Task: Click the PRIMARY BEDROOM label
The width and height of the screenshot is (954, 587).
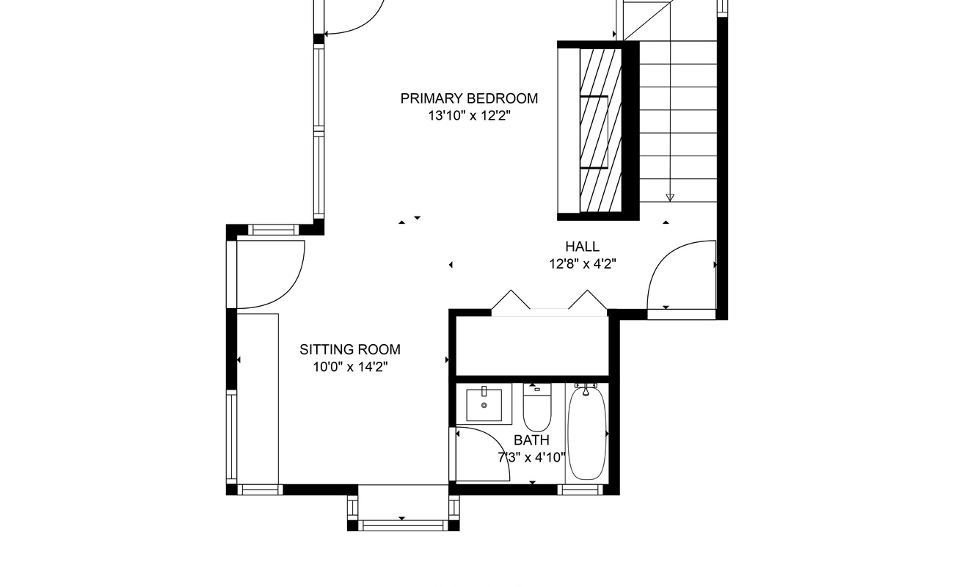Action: (x=469, y=98)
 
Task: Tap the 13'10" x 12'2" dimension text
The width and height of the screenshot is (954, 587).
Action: (x=469, y=115)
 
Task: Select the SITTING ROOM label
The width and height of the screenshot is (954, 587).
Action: (x=350, y=349)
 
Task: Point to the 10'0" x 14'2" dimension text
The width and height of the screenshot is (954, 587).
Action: (x=350, y=367)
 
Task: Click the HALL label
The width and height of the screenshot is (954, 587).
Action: (x=582, y=247)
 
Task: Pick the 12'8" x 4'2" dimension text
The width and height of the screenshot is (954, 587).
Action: (x=582, y=264)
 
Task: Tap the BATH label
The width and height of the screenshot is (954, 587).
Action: (x=531, y=440)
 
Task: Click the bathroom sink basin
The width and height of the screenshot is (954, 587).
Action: (x=484, y=404)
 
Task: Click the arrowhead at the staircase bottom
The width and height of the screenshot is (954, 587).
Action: (x=670, y=197)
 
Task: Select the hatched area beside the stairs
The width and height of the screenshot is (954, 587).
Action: (x=600, y=131)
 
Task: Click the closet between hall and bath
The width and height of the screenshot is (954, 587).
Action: (x=532, y=346)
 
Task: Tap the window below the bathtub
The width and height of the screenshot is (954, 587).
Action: (x=580, y=490)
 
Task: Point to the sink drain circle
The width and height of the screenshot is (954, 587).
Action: (x=484, y=405)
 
